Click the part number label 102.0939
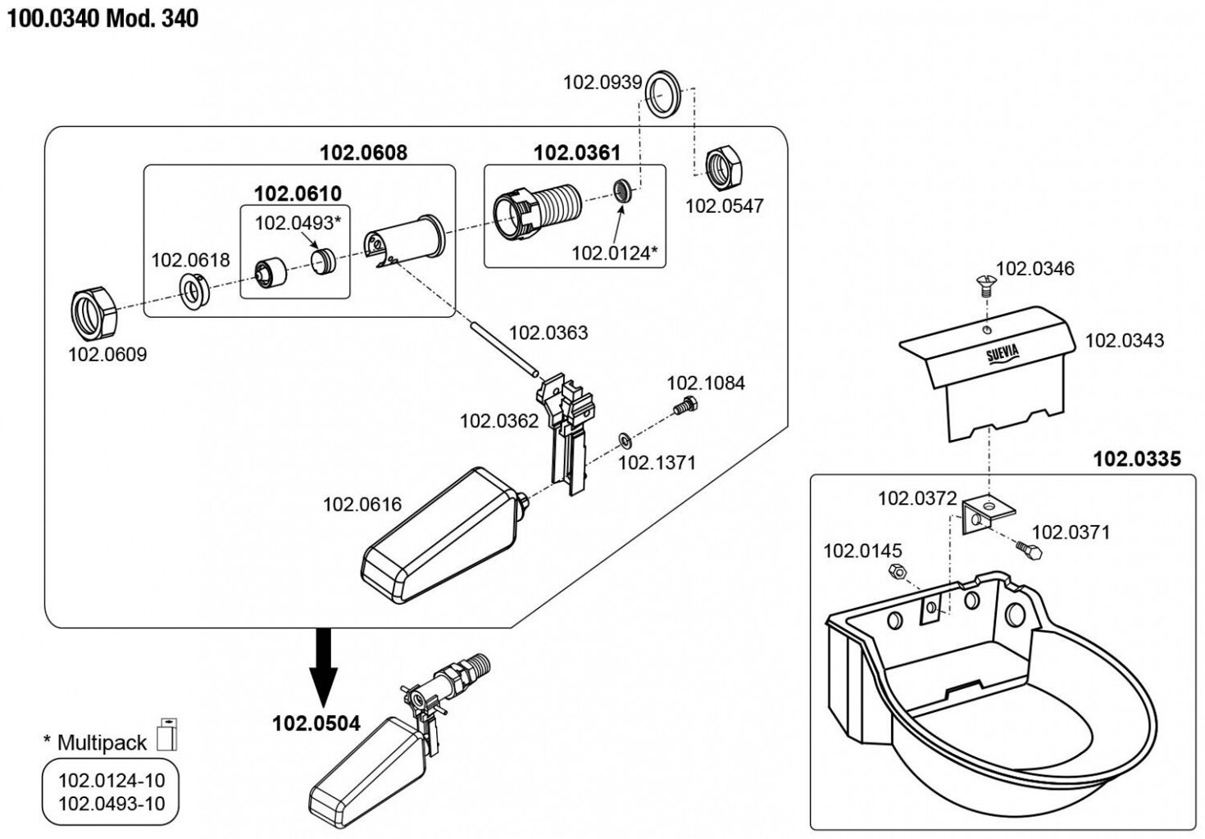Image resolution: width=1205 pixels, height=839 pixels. pos(602,83)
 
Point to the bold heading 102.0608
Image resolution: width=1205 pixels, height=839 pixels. pos(363,152)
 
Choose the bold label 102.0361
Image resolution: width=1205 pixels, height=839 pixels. pos(577,152)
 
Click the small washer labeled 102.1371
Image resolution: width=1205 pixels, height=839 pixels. pos(624,442)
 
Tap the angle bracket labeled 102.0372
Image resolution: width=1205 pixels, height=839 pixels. pos(988,512)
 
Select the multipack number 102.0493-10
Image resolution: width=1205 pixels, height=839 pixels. pos(111,803)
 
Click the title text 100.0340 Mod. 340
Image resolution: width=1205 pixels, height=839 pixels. pos(102,18)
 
